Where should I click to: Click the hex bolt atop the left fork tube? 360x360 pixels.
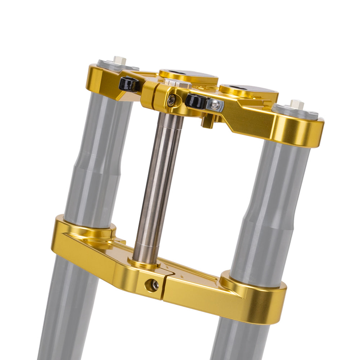[x=120, y=60]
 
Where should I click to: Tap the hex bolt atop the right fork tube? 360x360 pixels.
[x=297, y=104]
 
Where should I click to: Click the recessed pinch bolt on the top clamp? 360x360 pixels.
[x=171, y=100]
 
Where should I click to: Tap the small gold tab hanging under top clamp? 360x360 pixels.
[x=207, y=122]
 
